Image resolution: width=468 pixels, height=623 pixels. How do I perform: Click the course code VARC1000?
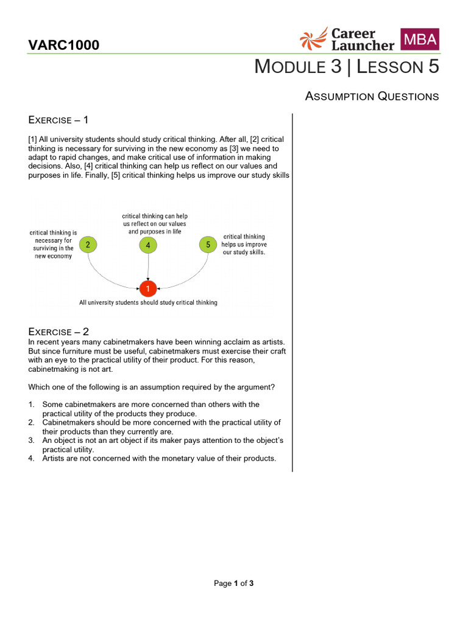click(64, 45)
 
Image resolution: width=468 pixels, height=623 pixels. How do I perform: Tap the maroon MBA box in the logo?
click(419, 40)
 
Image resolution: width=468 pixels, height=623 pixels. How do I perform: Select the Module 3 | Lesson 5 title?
click(346, 67)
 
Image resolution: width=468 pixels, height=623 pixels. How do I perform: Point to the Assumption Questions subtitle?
click(372, 96)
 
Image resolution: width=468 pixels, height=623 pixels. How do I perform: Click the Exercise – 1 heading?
click(59, 119)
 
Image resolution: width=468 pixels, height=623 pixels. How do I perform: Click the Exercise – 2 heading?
click(59, 332)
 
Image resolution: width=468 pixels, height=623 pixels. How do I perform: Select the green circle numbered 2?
click(88, 245)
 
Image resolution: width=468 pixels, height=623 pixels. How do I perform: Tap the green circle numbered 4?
click(148, 245)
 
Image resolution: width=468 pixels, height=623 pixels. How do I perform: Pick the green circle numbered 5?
click(208, 245)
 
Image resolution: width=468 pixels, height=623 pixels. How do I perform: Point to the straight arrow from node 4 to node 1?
click(148, 266)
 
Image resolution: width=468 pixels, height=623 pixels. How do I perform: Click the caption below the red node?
click(148, 302)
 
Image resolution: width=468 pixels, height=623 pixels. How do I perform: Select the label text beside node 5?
click(244, 244)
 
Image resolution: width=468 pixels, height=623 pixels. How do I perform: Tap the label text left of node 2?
click(53, 244)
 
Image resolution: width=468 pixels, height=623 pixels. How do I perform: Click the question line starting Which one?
click(152, 387)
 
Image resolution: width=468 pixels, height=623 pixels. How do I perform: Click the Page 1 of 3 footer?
click(233, 583)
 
